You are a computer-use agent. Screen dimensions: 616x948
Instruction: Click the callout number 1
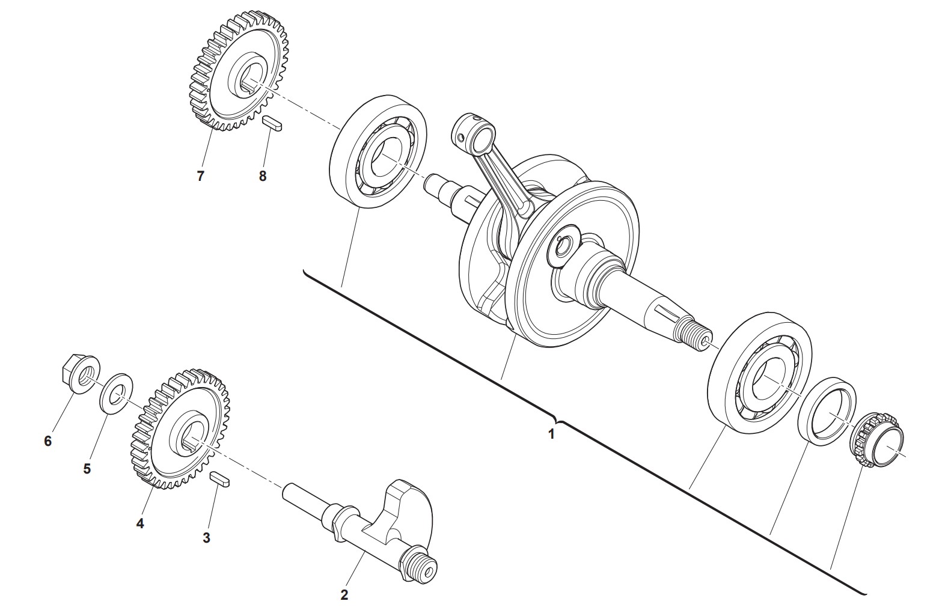[x=551, y=434]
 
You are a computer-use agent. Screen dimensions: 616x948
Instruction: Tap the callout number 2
[x=344, y=595]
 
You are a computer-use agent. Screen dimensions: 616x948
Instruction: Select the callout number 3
[x=206, y=538]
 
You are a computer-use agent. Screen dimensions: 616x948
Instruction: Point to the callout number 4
[x=139, y=523]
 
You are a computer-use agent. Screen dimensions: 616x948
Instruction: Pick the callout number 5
[x=87, y=469]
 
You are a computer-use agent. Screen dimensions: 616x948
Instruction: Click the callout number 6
[x=48, y=441]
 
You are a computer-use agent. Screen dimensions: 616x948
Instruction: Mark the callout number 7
[x=200, y=176]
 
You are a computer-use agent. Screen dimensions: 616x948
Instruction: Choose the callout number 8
[x=262, y=176]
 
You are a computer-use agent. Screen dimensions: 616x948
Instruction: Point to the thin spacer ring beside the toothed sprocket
[x=827, y=412]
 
